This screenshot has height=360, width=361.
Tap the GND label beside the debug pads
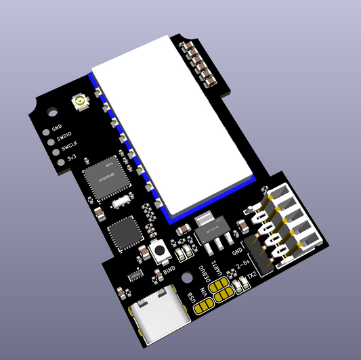[x=57, y=127]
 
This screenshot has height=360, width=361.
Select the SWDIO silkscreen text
[x=62, y=137]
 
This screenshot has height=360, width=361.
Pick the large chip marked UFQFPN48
[x=105, y=177]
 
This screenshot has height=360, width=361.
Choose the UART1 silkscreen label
[x=217, y=268]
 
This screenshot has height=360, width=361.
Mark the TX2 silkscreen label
[x=251, y=277]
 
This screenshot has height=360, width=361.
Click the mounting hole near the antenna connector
[x=49, y=110]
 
